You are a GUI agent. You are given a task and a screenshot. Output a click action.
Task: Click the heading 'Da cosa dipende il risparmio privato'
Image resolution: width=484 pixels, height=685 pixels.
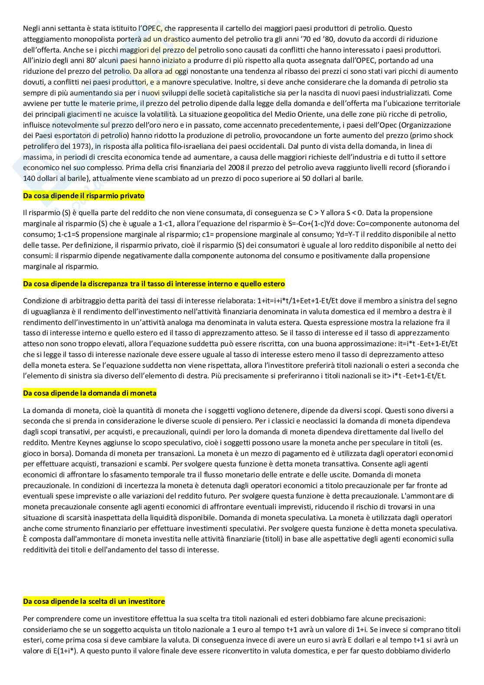click(x=84, y=196)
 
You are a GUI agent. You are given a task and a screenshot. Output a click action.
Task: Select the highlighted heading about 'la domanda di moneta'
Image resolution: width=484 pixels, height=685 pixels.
click(x=90, y=393)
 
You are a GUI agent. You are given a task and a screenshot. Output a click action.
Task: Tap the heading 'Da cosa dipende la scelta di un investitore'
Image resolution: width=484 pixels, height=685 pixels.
click(x=94, y=601)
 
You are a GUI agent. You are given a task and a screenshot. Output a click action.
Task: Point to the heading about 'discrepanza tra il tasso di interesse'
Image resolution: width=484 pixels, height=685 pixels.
click(x=154, y=284)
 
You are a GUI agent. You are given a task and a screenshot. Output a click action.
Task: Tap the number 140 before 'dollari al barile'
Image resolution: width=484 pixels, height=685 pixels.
click(x=29, y=178)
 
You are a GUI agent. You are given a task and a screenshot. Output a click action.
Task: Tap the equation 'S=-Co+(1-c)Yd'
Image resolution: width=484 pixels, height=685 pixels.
click(x=307, y=223)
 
